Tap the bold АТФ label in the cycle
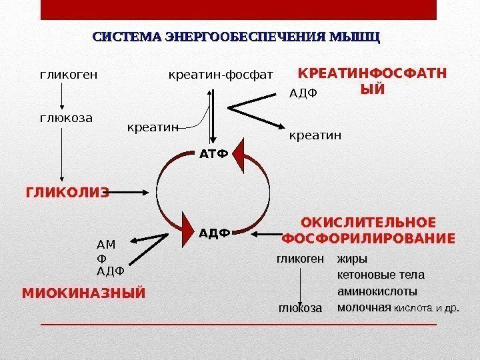[213, 155]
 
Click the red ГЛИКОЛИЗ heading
[67, 193]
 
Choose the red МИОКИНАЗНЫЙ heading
[83, 293]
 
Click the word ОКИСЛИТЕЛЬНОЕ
[369, 223]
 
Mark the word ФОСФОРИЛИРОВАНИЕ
[369, 238]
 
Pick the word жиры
[353, 259]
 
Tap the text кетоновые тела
[381, 275]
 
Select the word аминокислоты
[377, 291]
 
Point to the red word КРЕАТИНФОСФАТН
[372, 73]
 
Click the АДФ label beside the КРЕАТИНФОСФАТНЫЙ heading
[304, 93]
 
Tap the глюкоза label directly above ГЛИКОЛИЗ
[63, 119]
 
